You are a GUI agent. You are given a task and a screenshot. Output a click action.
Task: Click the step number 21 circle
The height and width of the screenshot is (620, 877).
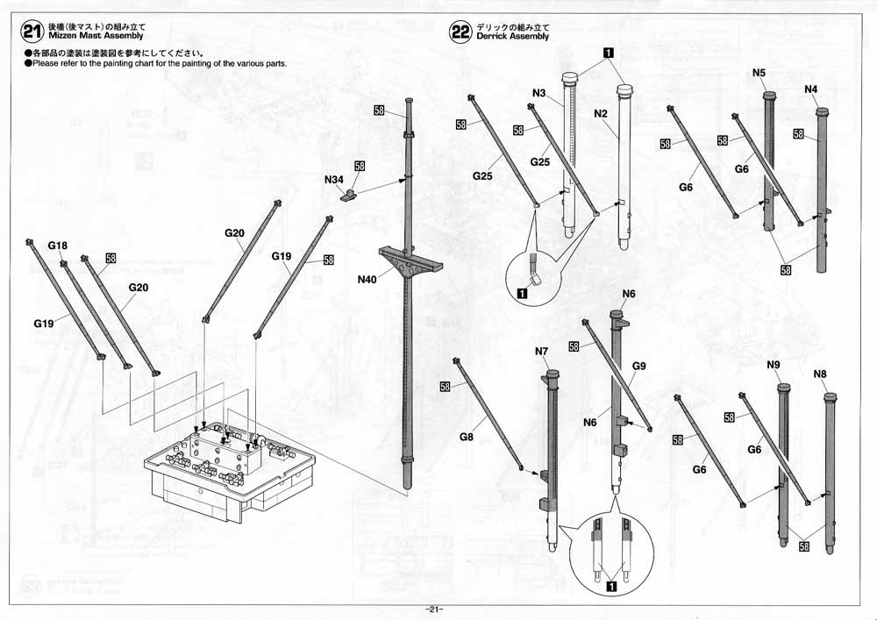click(x=32, y=33)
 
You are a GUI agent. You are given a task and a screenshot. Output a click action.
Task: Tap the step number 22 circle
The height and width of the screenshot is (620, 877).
click(x=460, y=33)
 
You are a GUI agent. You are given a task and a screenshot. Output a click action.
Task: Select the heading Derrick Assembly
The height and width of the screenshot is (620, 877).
click(x=512, y=37)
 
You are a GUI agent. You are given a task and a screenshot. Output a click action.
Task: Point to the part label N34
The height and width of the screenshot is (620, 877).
click(x=333, y=180)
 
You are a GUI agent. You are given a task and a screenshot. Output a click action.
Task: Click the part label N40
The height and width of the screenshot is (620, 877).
click(x=367, y=280)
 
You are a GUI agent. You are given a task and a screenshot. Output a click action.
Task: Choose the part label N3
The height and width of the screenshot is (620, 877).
click(x=539, y=93)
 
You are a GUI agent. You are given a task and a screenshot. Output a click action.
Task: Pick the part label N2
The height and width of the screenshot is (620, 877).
click(x=601, y=114)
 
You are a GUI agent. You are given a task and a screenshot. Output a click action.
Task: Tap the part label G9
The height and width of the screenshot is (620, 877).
click(x=638, y=365)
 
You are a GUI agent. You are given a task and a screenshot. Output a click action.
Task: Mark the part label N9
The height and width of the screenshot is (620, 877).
click(x=774, y=364)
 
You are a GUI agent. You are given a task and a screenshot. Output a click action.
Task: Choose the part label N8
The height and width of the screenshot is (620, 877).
click(x=821, y=374)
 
